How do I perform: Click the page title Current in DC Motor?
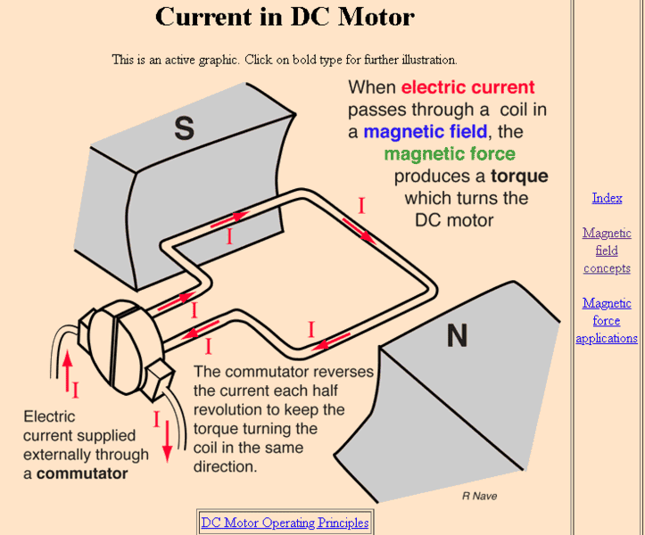tap(285, 17)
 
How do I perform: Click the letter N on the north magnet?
tap(456, 335)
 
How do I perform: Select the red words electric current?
tap(467, 87)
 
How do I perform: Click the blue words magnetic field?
tap(425, 132)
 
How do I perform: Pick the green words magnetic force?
tap(450, 154)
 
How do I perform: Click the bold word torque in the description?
tap(518, 176)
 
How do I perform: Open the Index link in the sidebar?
tap(607, 198)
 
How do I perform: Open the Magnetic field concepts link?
tap(607, 251)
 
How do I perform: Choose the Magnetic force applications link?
tap(607, 321)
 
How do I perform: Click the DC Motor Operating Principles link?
tap(285, 523)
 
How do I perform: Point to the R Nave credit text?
tap(479, 496)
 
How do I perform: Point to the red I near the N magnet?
tap(311, 330)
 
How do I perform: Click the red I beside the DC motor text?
tap(361, 207)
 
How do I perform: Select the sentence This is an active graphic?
tap(285, 60)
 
